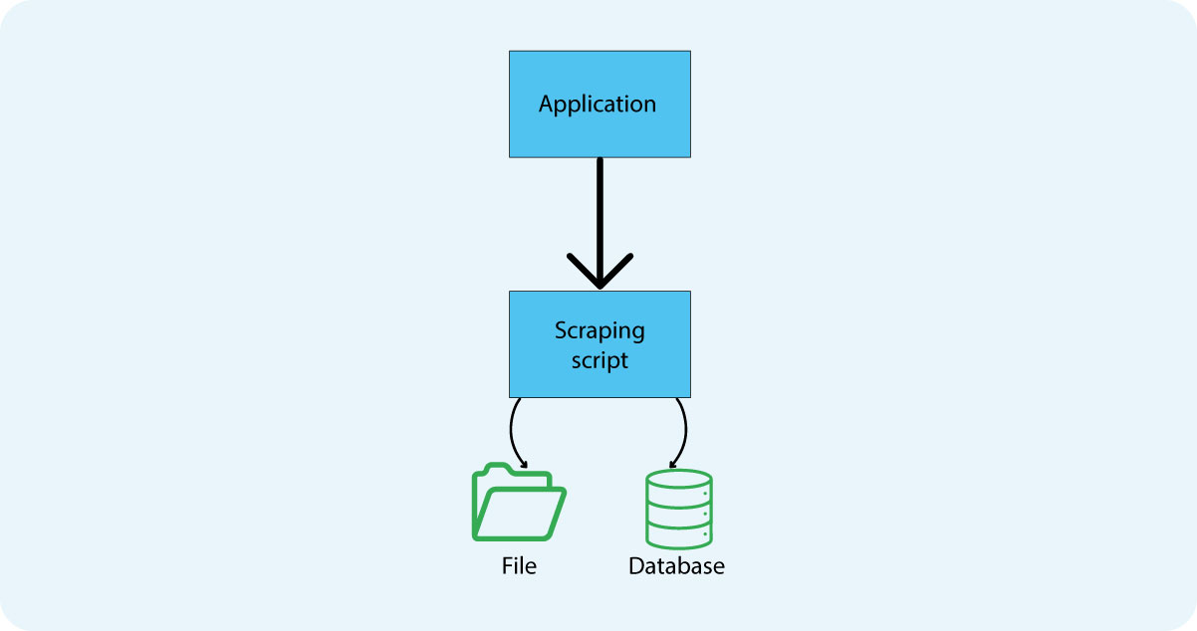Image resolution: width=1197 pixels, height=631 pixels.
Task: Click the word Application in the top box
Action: [598, 105]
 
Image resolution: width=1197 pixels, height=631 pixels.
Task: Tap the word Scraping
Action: [599, 330]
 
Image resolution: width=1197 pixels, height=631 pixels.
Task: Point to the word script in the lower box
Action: [599, 360]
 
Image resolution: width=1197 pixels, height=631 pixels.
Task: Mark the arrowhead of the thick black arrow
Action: [599, 277]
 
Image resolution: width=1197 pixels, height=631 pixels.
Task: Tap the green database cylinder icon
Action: [678, 509]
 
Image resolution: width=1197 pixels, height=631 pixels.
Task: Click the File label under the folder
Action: [519, 566]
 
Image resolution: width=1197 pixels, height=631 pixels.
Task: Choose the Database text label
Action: [676, 566]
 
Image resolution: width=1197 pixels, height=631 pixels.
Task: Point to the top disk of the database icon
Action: [678, 479]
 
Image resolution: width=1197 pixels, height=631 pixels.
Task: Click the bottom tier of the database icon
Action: [678, 536]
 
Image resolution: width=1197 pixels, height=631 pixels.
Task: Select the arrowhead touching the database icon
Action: [673, 464]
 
